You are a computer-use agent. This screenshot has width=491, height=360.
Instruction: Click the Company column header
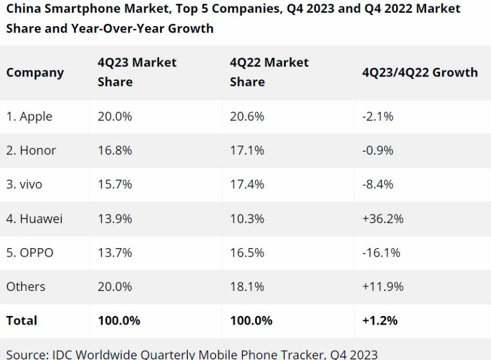(x=35, y=72)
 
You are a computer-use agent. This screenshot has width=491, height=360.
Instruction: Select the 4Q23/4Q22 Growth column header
(x=420, y=72)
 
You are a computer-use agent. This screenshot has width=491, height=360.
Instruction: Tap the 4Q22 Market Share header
(x=269, y=72)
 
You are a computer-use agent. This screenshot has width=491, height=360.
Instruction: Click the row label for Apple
(x=29, y=117)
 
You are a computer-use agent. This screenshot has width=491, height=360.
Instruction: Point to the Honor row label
(x=31, y=151)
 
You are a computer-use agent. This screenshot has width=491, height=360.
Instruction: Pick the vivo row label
(x=24, y=184)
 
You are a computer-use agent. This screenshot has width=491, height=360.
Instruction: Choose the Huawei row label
(x=34, y=219)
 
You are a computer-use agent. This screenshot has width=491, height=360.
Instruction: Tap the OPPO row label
(x=30, y=253)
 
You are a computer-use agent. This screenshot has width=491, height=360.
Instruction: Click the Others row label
(x=26, y=286)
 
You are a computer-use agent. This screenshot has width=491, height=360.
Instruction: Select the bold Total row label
(x=21, y=321)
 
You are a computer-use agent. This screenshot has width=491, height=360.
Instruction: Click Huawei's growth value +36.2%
(x=383, y=219)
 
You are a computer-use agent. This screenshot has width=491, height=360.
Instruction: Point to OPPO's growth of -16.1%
(x=381, y=253)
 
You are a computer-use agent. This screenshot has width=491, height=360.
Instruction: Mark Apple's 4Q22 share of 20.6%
(x=247, y=117)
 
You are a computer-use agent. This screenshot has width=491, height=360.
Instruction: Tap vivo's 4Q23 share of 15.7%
(x=115, y=184)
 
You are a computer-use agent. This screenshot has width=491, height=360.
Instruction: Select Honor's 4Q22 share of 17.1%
(x=247, y=151)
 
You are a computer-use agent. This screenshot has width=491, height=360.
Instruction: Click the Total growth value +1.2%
(x=380, y=321)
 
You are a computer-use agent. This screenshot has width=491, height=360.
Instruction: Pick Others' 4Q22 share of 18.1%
(x=247, y=286)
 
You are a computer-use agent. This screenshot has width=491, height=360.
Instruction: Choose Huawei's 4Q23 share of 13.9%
(x=115, y=219)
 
